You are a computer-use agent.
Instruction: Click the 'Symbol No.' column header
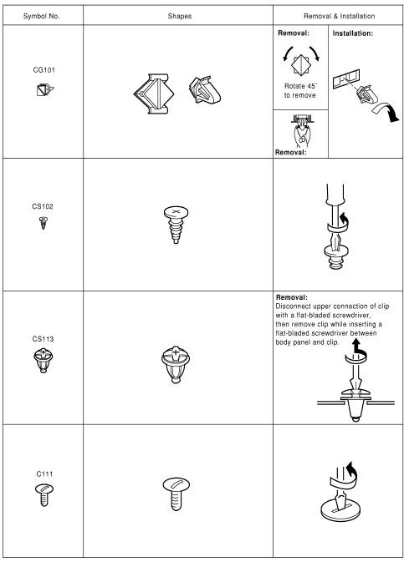[41, 16]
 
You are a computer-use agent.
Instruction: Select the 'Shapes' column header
[180, 16]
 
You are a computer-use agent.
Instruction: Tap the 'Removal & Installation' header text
[339, 16]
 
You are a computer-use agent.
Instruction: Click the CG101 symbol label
[43, 69]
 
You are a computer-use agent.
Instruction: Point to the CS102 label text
[43, 206]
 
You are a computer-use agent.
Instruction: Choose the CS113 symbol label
[43, 339]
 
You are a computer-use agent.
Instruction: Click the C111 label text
[44, 473]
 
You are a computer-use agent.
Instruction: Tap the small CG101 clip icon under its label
[45, 89]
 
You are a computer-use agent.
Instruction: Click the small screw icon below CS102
[43, 223]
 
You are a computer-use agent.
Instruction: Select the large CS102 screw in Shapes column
[176, 225]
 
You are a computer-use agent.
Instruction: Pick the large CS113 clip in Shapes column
[176, 364]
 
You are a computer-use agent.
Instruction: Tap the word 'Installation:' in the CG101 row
[353, 33]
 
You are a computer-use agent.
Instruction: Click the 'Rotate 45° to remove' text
[300, 91]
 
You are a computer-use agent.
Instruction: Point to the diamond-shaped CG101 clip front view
[154, 94]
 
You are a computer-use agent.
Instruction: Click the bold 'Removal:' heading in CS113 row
[292, 297]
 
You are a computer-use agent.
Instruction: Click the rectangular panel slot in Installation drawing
[345, 78]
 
